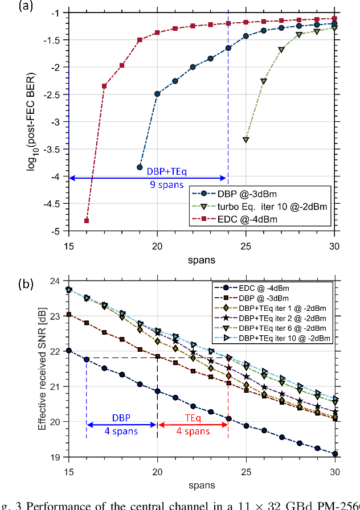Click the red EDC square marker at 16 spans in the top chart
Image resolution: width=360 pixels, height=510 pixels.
tap(87, 220)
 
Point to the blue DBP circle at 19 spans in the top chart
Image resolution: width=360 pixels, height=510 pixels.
tap(140, 167)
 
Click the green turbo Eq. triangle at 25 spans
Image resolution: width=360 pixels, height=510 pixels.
tap(246, 139)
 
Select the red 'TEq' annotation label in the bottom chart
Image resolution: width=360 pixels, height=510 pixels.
tap(193, 417)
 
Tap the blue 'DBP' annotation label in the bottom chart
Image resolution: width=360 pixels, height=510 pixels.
tap(121, 417)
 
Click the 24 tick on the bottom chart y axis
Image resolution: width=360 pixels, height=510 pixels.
tap(58, 281)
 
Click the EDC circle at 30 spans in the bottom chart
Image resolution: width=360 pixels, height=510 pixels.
tap(334, 454)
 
